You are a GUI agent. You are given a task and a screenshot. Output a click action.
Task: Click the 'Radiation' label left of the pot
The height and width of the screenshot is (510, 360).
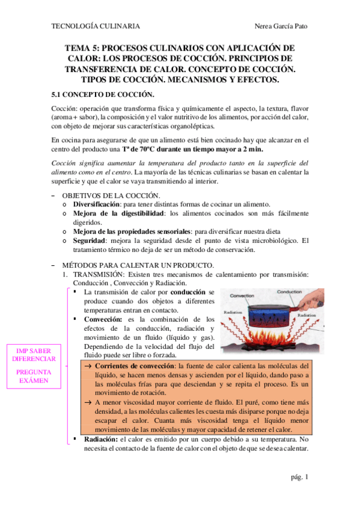point(233,313)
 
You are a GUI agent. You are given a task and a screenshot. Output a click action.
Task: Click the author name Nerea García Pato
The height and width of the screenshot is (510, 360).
point(281,26)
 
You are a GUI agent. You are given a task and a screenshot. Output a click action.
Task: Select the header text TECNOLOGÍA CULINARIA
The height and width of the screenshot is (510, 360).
point(97,26)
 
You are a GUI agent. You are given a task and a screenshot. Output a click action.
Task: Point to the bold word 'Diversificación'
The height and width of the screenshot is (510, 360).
point(99,204)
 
